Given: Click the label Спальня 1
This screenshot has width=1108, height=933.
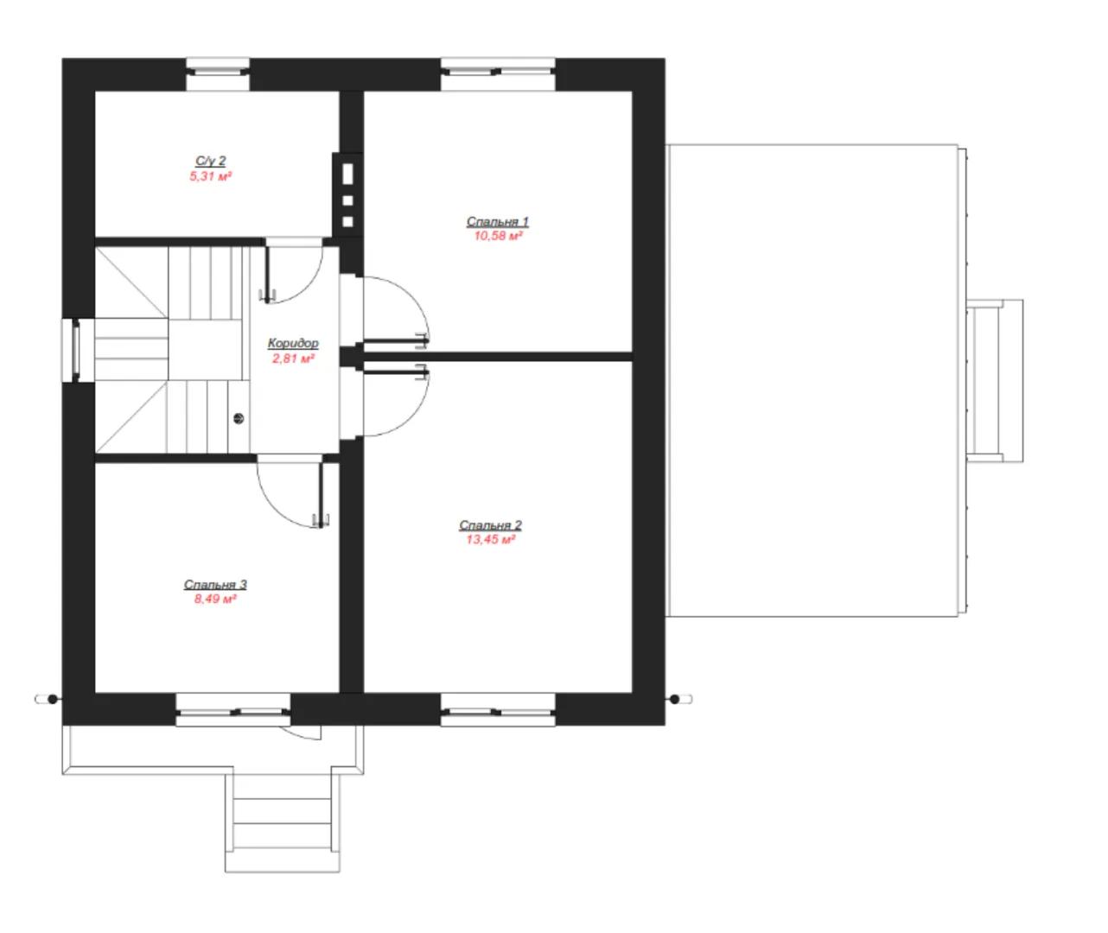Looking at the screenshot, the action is [x=497, y=221].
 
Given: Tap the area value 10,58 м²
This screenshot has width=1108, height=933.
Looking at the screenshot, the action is [x=498, y=236].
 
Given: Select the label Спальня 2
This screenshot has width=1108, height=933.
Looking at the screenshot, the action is [x=490, y=524].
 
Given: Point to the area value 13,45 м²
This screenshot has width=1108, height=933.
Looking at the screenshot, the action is [x=490, y=539].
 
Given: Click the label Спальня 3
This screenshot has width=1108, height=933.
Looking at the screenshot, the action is [x=215, y=584].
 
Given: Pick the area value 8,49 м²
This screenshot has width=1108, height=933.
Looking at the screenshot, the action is [x=215, y=599].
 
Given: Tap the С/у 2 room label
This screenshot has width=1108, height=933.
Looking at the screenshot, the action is [x=211, y=161].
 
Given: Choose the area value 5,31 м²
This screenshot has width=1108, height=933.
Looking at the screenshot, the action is [x=211, y=176].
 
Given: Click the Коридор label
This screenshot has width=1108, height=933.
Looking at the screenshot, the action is [x=293, y=343].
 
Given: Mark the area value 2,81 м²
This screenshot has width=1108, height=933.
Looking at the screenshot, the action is [x=293, y=359].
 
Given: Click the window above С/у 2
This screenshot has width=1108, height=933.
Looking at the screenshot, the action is [x=218, y=73].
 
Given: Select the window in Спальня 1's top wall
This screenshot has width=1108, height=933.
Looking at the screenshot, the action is [x=498, y=73].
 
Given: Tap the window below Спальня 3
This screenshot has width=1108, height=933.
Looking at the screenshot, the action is [x=233, y=709].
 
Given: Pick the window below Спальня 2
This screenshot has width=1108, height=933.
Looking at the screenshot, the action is [x=498, y=709].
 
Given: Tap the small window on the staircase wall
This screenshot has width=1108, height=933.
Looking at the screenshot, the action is [x=71, y=350].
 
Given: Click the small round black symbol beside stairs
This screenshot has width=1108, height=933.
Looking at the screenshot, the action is [x=239, y=418].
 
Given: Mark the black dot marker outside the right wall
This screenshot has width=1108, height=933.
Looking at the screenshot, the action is [x=674, y=699].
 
